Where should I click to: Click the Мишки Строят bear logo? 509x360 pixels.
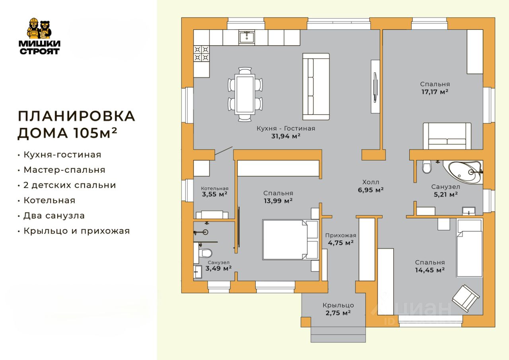coord(39,36)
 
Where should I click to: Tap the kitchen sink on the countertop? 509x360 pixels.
coord(247,37)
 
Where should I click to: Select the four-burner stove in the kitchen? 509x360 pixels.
coord(201,54)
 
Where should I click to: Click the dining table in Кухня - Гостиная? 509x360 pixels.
coord(245,94)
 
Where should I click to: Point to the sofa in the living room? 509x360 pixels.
coord(316,87)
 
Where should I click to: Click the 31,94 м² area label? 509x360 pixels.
coord(286,136)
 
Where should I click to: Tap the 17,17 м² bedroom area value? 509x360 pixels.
coord(435,92)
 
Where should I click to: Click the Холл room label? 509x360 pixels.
coord(371,182)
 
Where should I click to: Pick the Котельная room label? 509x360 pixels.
coord(215,189)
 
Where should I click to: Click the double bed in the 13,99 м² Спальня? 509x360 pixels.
coord(290,239)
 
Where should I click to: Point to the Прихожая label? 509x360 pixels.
coord(341,235)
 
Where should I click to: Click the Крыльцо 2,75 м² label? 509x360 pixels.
coord(338,309)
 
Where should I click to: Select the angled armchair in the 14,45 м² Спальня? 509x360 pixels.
coord(466,298)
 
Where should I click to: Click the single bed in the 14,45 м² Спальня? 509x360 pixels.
coord(470,248)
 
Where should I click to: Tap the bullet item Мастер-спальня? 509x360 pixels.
coord(64,170)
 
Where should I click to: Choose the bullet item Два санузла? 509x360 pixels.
coord(54,216)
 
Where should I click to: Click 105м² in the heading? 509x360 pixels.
coord(95,132)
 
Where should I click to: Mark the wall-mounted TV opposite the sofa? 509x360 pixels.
coord(375,87)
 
